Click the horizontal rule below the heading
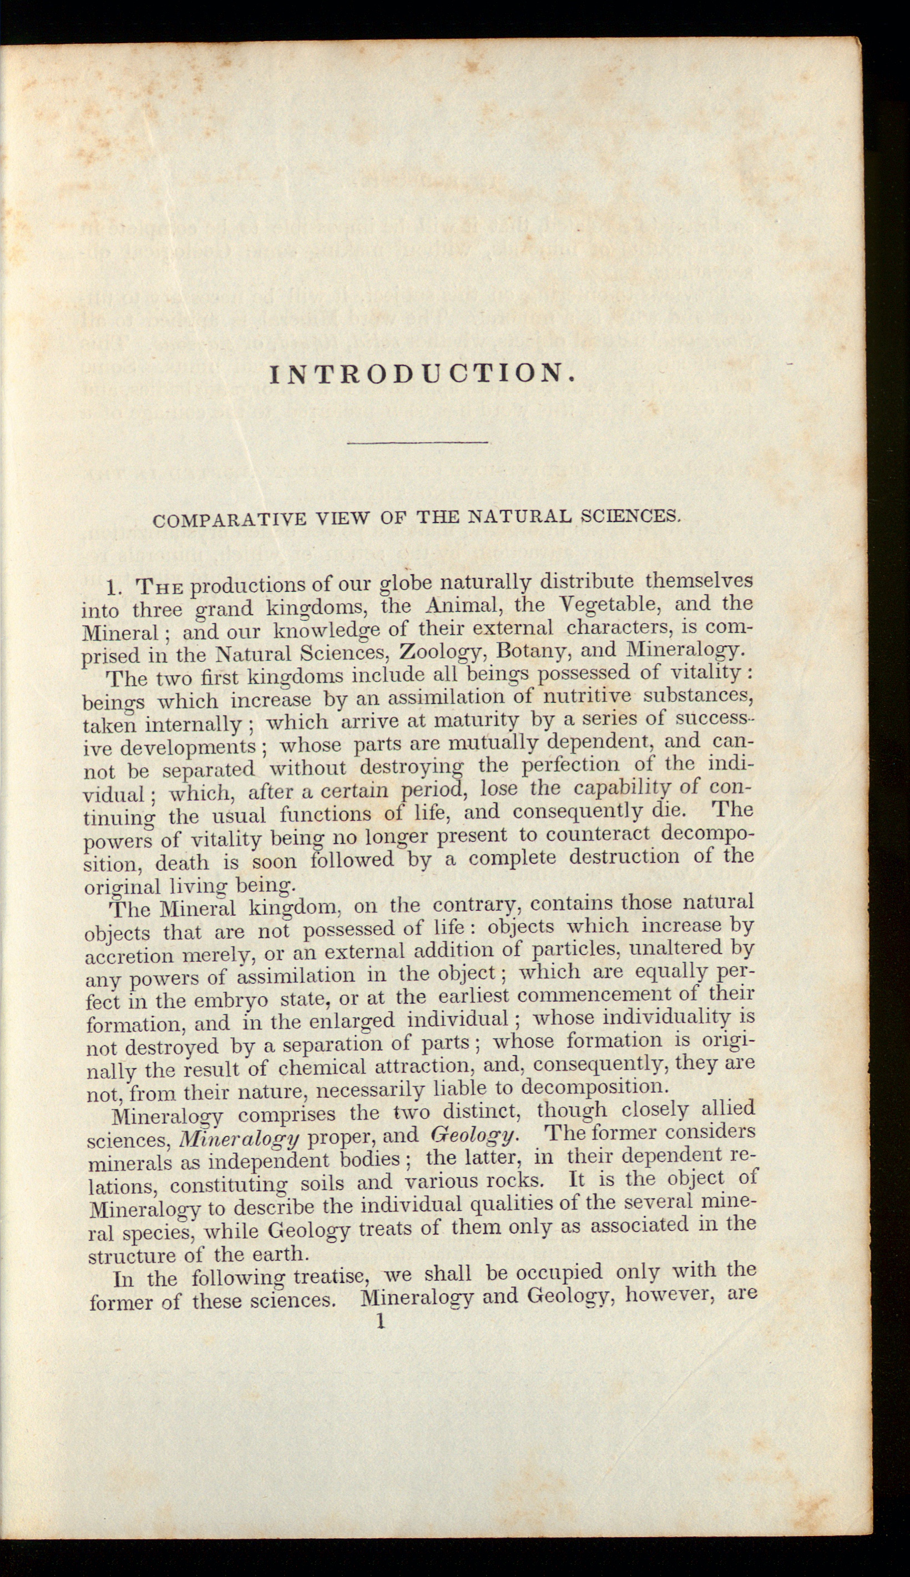(417, 443)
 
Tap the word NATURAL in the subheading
(520, 517)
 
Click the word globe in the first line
(406, 584)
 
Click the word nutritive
(582, 696)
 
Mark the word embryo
(231, 1000)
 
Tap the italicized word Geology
(473, 1135)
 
